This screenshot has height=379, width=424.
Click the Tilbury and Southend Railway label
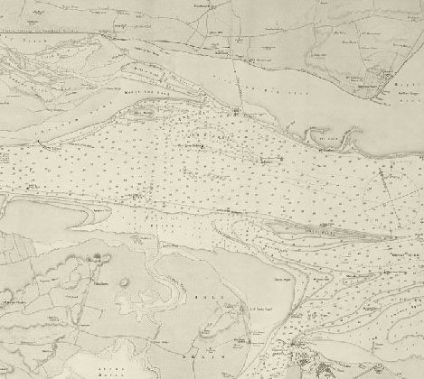click(54, 34)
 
